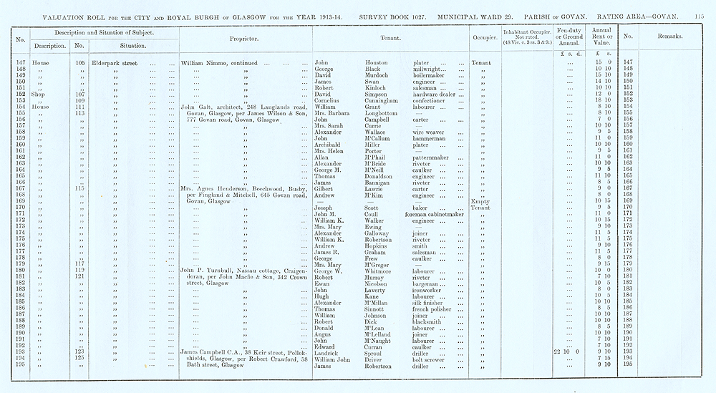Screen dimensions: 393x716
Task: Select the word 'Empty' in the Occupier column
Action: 480,201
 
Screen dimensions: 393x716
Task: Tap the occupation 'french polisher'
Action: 432,307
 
